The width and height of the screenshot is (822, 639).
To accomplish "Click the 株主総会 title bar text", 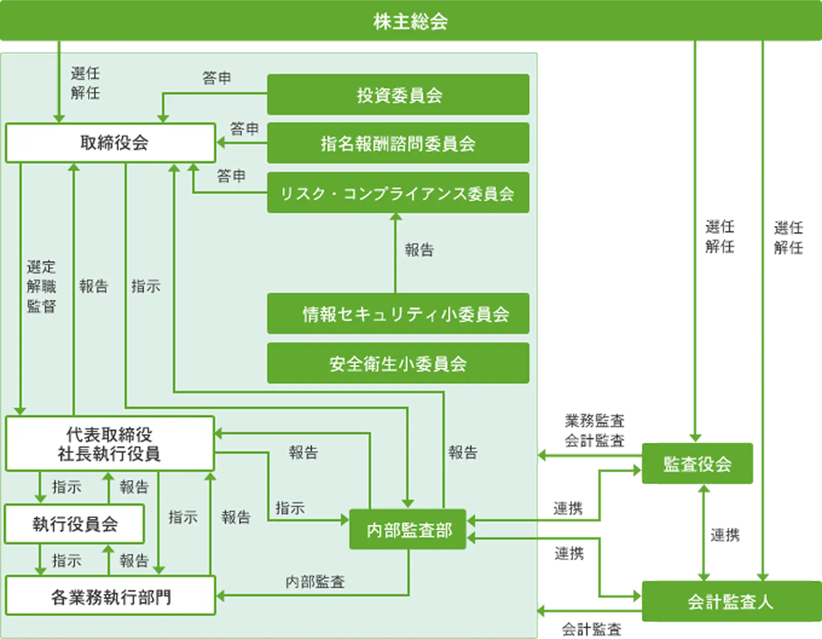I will [x=410, y=22].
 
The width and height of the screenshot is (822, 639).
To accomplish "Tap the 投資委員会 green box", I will [x=398, y=95].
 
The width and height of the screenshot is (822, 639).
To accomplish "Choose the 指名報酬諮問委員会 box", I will [x=398, y=144].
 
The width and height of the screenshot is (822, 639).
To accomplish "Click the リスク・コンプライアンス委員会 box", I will [x=398, y=193].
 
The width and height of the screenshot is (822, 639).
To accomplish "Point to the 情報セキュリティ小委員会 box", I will [x=398, y=314].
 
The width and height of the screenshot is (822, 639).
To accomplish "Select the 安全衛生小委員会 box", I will [x=398, y=363].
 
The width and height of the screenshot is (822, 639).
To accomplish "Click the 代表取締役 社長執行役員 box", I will [x=110, y=444].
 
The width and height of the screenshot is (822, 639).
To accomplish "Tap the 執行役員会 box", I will [x=74, y=524].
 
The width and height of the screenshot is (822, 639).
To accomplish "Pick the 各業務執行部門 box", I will [x=111, y=596].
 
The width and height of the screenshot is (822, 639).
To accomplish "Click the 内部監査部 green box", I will [x=408, y=530].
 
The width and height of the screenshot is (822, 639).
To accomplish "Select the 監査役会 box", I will [x=697, y=464].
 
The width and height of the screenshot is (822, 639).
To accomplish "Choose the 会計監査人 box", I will [x=730, y=601].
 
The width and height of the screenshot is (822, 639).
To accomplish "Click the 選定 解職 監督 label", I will [x=41, y=287].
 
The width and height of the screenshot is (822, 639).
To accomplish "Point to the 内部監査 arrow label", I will [x=315, y=582].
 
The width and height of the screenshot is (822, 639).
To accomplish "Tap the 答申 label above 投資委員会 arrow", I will [x=217, y=78].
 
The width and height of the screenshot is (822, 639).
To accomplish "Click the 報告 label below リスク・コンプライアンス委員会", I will [x=419, y=250].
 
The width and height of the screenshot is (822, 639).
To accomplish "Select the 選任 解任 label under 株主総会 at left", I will [x=85, y=83].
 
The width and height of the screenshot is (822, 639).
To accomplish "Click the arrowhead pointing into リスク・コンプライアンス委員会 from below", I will [x=396, y=217].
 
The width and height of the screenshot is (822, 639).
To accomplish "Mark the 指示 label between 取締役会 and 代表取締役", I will [x=146, y=287].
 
